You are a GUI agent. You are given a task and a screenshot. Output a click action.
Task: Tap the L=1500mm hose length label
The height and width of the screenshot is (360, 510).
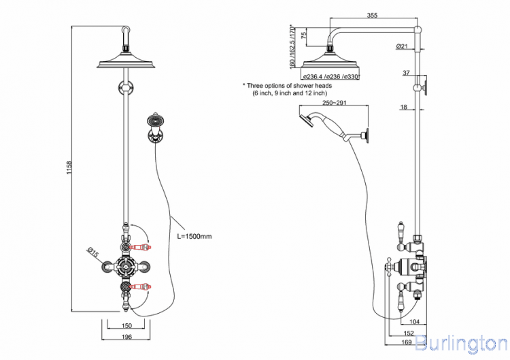click(194, 236)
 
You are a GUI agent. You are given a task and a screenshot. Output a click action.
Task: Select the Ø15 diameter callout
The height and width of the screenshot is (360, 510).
click(93, 255)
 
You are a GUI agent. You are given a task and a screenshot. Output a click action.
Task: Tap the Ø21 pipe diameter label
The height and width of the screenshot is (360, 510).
click(401, 46)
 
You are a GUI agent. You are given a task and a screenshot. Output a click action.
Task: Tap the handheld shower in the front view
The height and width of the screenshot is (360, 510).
click(156, 125)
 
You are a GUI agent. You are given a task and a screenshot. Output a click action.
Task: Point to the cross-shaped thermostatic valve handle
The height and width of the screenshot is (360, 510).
click(126, 267)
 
